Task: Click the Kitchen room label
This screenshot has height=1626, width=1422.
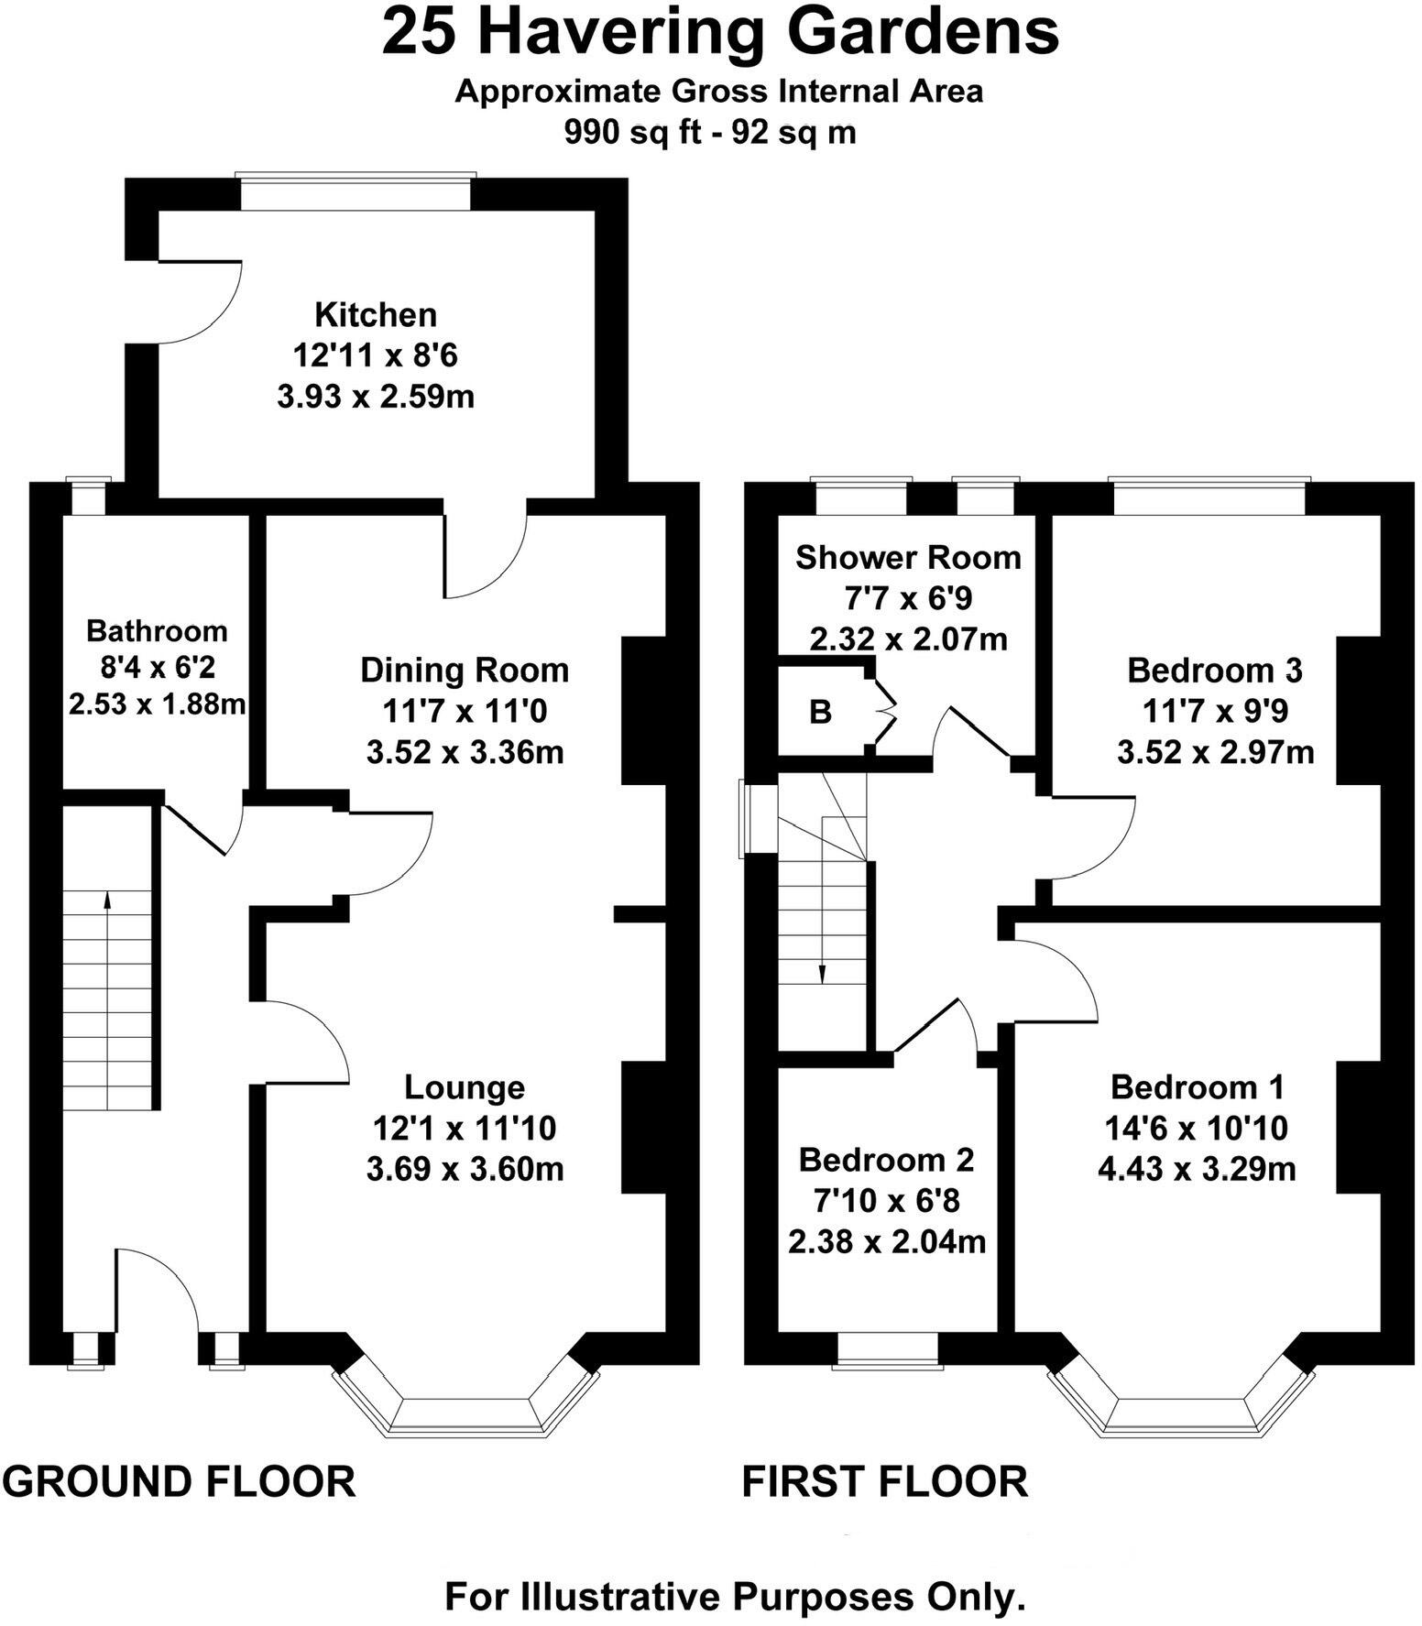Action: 376,314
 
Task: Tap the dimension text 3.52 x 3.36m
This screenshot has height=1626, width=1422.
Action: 465,752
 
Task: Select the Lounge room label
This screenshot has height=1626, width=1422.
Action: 465,1087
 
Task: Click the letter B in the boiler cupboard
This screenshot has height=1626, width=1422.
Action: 820,712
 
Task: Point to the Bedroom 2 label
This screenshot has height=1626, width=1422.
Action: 886,1160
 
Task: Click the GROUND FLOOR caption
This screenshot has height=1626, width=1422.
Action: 179,1481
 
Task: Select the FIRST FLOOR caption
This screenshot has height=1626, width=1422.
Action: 884,1481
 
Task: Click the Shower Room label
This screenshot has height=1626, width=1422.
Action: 907,557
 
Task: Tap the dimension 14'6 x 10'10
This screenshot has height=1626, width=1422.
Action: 1196,1128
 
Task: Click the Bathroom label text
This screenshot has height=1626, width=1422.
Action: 157,630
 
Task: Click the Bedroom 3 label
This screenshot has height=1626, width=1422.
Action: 1214,670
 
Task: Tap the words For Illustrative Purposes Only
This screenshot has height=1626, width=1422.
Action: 734,1597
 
